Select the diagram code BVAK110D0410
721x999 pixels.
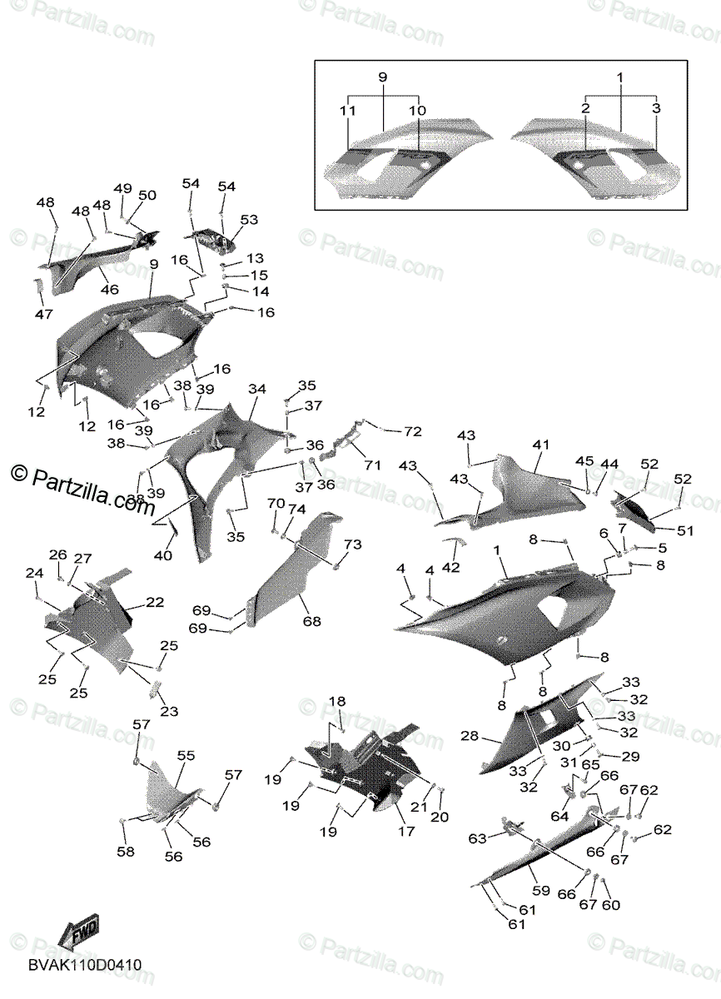[x=84, y=965]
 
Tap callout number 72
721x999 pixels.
[x=413, y=431]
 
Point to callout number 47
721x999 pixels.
[x=43, y=314]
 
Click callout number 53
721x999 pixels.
[x=249, y=220]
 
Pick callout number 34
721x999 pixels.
[x=257, y=389]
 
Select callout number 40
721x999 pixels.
[x=163, y=555]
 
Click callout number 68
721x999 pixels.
[x=311, y=621]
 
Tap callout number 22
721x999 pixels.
[x=156, y=602]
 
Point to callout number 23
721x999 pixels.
[x=169, y=712]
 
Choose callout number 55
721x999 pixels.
[x=186, y=755]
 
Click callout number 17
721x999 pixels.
[x=405, y=831]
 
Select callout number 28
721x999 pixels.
[x=470, y=736]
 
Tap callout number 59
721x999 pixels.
[x=541, y=891]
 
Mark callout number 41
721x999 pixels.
[x=542, y=445]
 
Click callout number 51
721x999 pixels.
[x=684, y=529]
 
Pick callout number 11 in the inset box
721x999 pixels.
[x=348, y=110]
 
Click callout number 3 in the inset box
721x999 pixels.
[x=656, y=108]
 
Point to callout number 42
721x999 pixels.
[x=450, y=568]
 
